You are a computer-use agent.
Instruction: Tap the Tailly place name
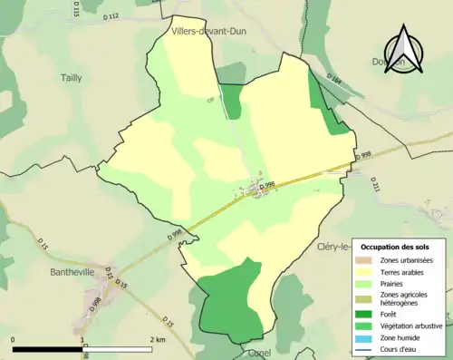[71, 78]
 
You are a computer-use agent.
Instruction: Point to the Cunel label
[260, 355]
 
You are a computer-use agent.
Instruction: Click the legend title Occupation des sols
[400, 247]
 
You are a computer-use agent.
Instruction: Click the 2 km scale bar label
[158, 339]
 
